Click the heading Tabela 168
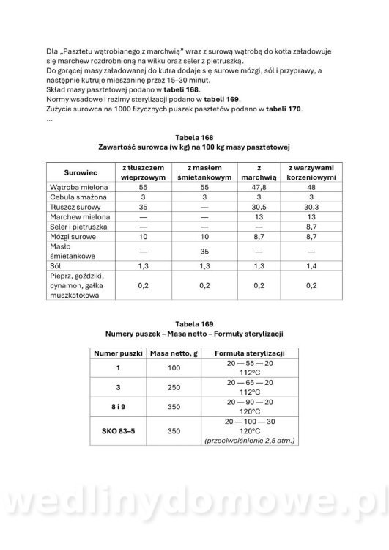[194, 137]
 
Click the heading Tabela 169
[194, 323]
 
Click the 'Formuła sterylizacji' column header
[245, 353]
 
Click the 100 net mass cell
[174, 367]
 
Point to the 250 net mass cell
[174, 386]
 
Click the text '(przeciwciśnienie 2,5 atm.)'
[245, 441]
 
